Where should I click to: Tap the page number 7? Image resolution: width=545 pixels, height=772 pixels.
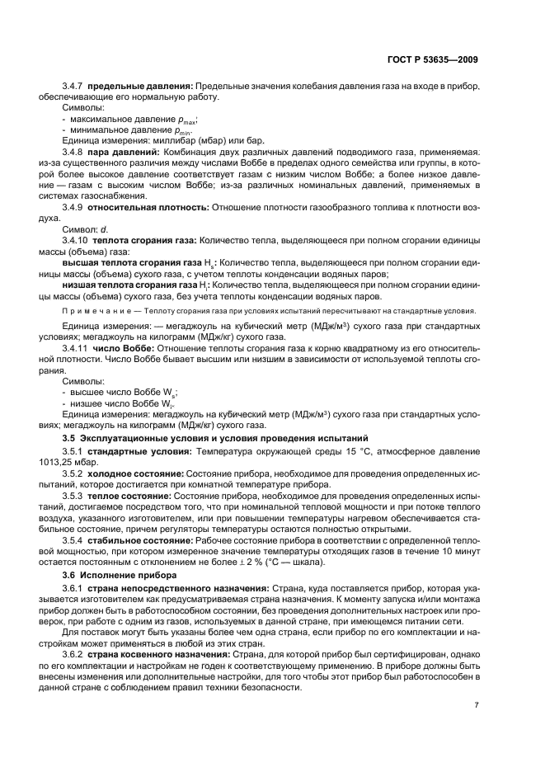(x=477, y=705)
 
